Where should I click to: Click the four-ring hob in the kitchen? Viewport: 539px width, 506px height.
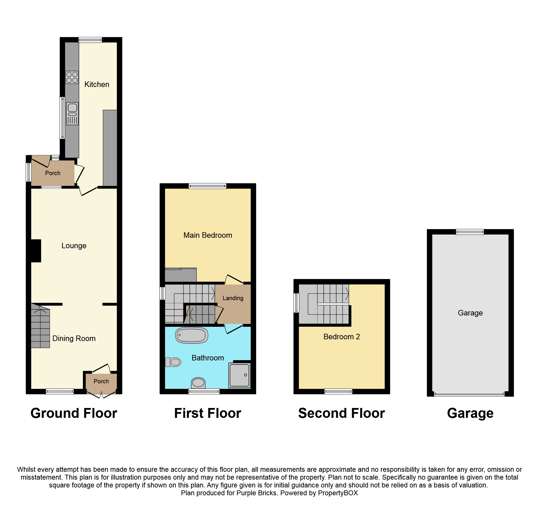[72, 77]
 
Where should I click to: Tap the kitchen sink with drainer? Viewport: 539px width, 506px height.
[72, 114]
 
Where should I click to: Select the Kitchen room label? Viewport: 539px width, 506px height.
[97, 84]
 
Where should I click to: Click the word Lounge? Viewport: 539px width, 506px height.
[74, 246]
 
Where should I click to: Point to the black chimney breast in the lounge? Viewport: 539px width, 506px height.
[36, 251]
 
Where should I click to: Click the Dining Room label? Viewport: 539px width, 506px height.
[74, 338]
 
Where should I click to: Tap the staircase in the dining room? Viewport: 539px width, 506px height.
[40, 326]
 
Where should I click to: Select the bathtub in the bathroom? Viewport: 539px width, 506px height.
[192, 335]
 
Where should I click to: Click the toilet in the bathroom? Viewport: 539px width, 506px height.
[173, 362]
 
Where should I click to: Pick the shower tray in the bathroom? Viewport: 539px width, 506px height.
[239, 375]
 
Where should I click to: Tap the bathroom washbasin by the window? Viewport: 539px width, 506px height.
[198, 382]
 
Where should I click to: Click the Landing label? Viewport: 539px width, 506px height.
[233, 298]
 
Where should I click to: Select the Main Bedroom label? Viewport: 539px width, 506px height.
[208, 235]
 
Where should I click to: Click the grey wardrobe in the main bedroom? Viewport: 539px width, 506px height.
[181, 275]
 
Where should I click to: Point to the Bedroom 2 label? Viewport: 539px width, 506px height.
[342, 337]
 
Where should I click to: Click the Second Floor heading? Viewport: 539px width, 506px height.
[342, 413]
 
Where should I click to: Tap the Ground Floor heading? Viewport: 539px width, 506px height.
[74, 413]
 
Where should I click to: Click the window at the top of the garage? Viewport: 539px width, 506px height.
[470, 232]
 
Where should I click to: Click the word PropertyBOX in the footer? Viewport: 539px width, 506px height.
[338, 493]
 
